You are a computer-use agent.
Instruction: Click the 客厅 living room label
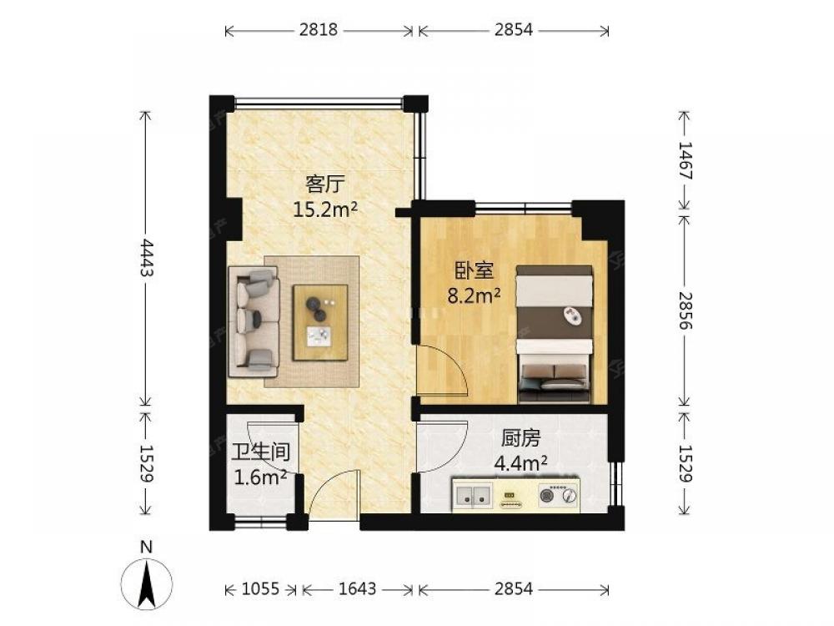point(325,184)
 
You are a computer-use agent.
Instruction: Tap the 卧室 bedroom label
point(474,270)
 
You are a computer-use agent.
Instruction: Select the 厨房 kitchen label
point(521,438)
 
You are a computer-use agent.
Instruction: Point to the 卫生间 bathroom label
point(260,452)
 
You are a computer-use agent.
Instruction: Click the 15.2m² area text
point(325,210)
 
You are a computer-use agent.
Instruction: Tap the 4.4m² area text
point(520,463)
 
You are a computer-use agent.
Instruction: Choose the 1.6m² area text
point(260,477)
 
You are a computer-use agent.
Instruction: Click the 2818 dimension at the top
point(318,30)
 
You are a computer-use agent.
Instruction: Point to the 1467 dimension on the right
point(685,161)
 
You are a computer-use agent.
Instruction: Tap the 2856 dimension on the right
point(685,310)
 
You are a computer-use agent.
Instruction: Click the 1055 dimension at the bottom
point(260,588)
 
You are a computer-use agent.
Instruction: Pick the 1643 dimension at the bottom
point(358,588)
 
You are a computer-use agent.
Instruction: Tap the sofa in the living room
point(254,322)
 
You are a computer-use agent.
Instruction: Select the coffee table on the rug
point(320,322)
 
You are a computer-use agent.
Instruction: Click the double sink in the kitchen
point(474,494)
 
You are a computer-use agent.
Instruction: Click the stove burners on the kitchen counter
point(558,494)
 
